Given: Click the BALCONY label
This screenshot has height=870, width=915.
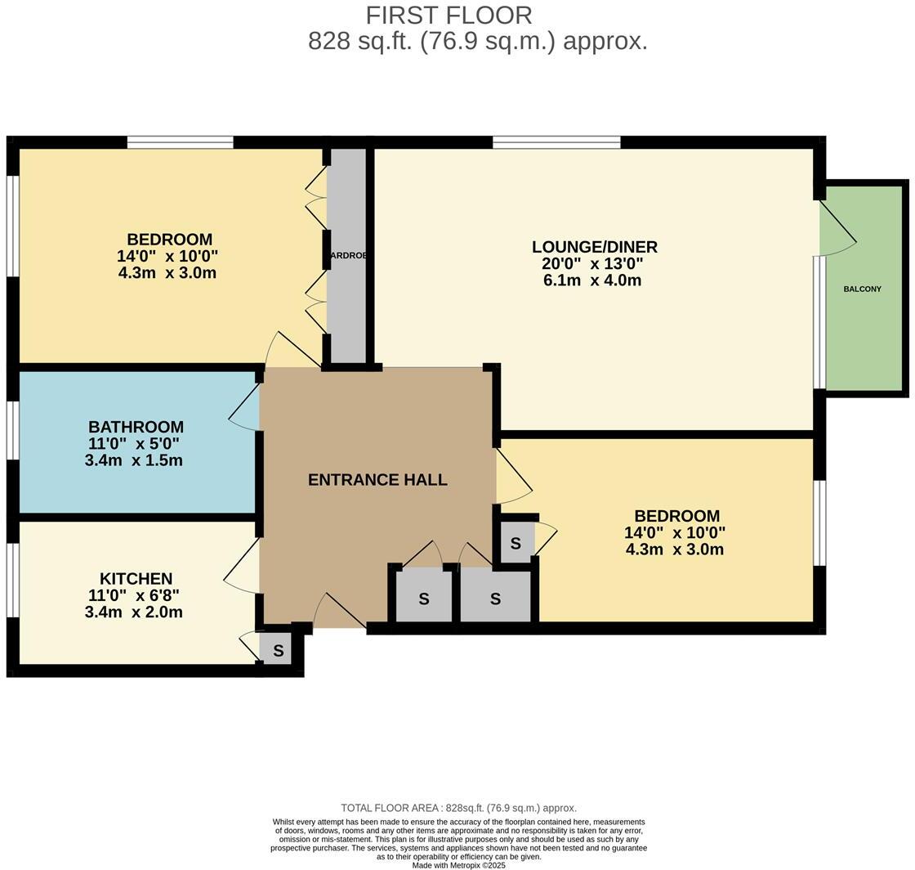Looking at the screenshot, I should point(862,289).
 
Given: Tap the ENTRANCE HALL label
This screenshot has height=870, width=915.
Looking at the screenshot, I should point(377,480).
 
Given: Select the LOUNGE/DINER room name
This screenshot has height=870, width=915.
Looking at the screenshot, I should point(594,247).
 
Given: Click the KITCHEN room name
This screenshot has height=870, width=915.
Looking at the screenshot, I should point(136,579).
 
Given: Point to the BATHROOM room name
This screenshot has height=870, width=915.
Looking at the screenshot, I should point(136,427).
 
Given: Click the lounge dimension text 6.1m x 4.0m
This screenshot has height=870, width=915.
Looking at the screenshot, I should point(592,280).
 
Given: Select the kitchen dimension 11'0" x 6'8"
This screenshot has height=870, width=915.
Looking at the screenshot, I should point(134,596).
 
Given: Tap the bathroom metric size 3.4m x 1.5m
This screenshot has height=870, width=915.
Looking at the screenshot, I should point(134,460).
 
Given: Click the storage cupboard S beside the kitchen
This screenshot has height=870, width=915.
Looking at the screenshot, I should point(278,651).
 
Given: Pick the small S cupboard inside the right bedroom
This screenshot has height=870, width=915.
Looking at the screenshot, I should point(516,544).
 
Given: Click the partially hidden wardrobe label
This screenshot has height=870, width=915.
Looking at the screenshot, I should point(348,256).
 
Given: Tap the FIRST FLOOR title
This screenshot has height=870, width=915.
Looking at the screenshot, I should point(449,15).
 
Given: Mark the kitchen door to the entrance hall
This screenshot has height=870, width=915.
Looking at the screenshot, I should point(241,568).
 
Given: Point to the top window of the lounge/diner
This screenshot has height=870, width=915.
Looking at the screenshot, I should point(556,142).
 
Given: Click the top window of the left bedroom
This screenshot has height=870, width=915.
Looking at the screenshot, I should point(180,142).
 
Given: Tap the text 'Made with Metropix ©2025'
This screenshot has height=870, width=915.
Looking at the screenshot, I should point(458,865).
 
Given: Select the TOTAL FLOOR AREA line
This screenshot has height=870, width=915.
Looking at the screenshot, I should point(458,808).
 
